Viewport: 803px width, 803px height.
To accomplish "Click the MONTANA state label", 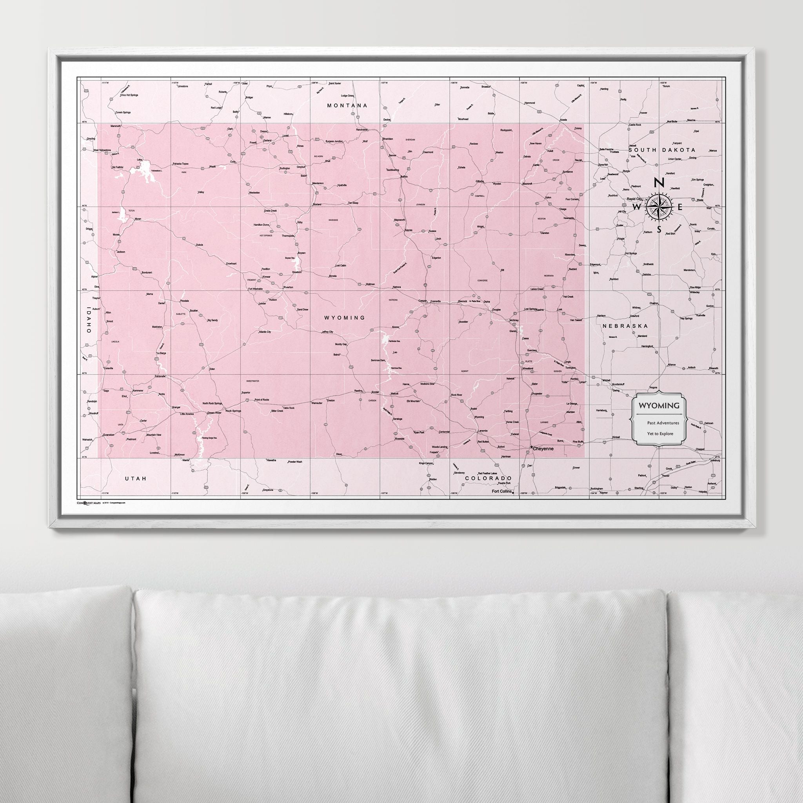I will (347, 105).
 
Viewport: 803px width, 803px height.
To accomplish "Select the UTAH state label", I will (136, 478).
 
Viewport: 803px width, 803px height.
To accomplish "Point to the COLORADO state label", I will (488, 478).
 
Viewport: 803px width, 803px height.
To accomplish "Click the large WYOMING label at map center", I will (345, 318).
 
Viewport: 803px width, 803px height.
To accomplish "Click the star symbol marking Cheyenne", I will (532, 447).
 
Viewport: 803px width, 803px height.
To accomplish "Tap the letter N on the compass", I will (658, 183).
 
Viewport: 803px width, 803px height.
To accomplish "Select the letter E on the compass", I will (680, 207).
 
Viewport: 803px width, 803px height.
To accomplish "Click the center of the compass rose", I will (658, 207).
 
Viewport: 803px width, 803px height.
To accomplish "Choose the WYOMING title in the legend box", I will (659, 405).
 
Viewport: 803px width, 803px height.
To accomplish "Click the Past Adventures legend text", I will (663, 423).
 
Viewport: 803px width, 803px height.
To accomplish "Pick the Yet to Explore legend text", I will (660, 434).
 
